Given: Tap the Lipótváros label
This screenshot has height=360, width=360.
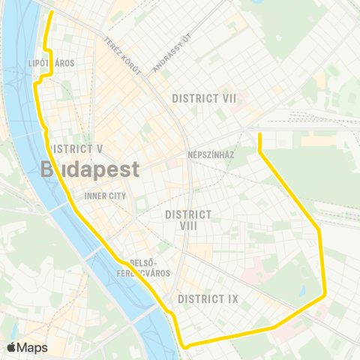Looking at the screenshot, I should point(51,63).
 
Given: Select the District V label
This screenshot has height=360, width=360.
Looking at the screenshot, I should point(74,148).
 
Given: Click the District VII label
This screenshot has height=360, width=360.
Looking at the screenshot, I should point(204,98).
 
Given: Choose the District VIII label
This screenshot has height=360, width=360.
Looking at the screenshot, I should point(187,220).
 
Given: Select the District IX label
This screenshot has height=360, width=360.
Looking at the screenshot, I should point(208,299).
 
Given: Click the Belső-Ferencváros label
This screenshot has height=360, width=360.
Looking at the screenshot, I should point(152,267).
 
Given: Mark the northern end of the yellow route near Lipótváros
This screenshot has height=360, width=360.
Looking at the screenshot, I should point(52,13).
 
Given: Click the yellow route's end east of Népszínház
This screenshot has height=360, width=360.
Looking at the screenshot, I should point(259,134).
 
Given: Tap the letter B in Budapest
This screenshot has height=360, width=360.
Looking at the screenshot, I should point(49,169).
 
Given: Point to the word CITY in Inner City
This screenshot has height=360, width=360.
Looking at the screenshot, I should point(116,196).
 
